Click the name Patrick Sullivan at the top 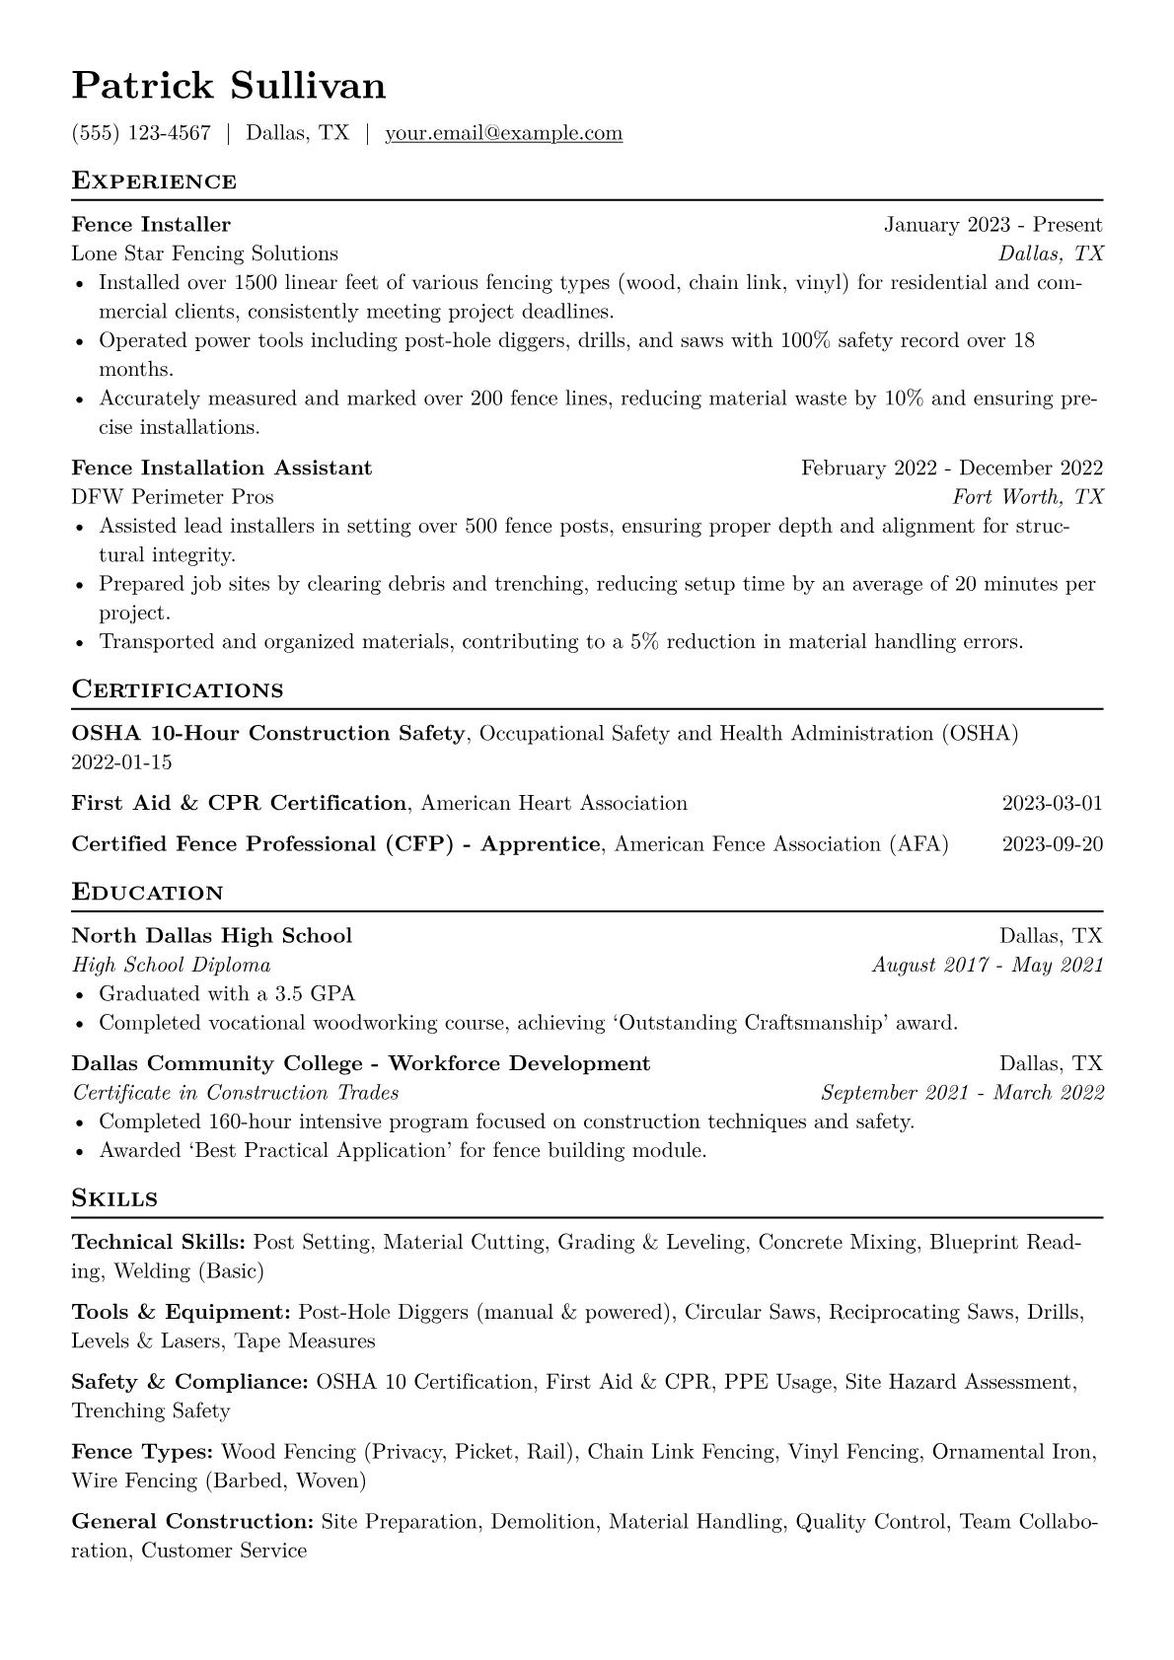click(x=229, y=86)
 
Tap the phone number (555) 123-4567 click(x=141, y=133)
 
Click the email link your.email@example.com click(x=503, y=133)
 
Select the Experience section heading click(x=154, y=181)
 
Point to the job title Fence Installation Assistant click(x=222, y=468)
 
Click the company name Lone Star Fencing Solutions click(x=204, y=253)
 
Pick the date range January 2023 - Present click(x=992, y=225)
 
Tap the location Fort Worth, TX click(x=1028, y=496)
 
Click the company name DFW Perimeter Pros click(x=173, y=496)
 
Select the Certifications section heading click(x=178, y=689)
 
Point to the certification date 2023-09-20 click(x=1052, y=844)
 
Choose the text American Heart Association click(x=553, y=803)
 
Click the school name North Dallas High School click(x=212, y=935)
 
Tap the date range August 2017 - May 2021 click(x=988, y=965)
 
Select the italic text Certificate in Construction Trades click(x=236, y=1092)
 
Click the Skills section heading click(x=114, y=1198)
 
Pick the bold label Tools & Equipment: click(x=181, y=1312)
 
